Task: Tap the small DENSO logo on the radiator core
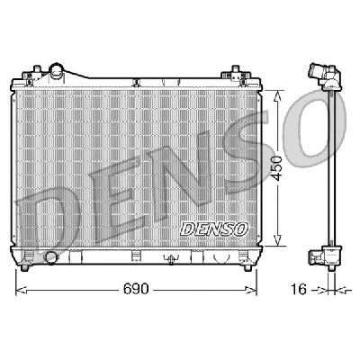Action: (x=213, y=230)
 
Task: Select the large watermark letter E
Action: (x=121, y=193)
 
